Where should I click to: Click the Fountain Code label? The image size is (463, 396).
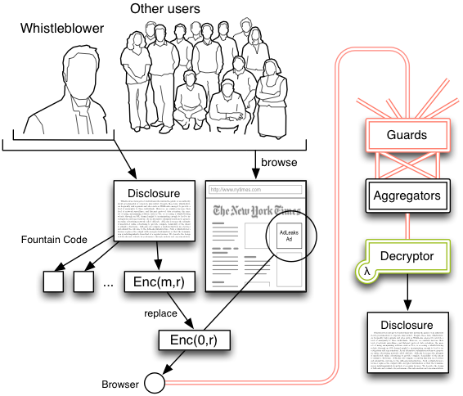click(52, 241)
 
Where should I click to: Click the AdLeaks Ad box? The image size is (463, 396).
click(289, 236)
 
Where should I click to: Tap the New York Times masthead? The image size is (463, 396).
click(255, 212)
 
